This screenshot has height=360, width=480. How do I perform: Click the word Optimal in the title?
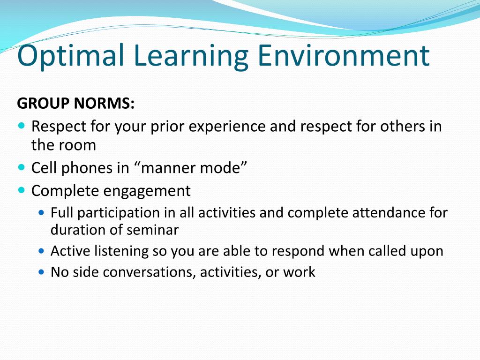71,55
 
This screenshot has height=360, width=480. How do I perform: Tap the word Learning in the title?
191,55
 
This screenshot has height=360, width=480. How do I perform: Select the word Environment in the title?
343,55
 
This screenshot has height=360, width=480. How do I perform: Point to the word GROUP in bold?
43,103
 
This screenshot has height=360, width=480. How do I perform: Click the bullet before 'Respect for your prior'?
22,126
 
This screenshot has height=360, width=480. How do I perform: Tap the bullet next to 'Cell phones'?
22,166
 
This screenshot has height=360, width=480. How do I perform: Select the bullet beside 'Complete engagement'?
22,190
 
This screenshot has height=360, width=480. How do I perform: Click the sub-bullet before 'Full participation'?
42,212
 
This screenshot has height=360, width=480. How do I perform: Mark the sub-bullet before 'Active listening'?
42,251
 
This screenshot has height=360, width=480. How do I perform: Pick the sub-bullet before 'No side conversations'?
42,271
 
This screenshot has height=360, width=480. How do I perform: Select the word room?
77,145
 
